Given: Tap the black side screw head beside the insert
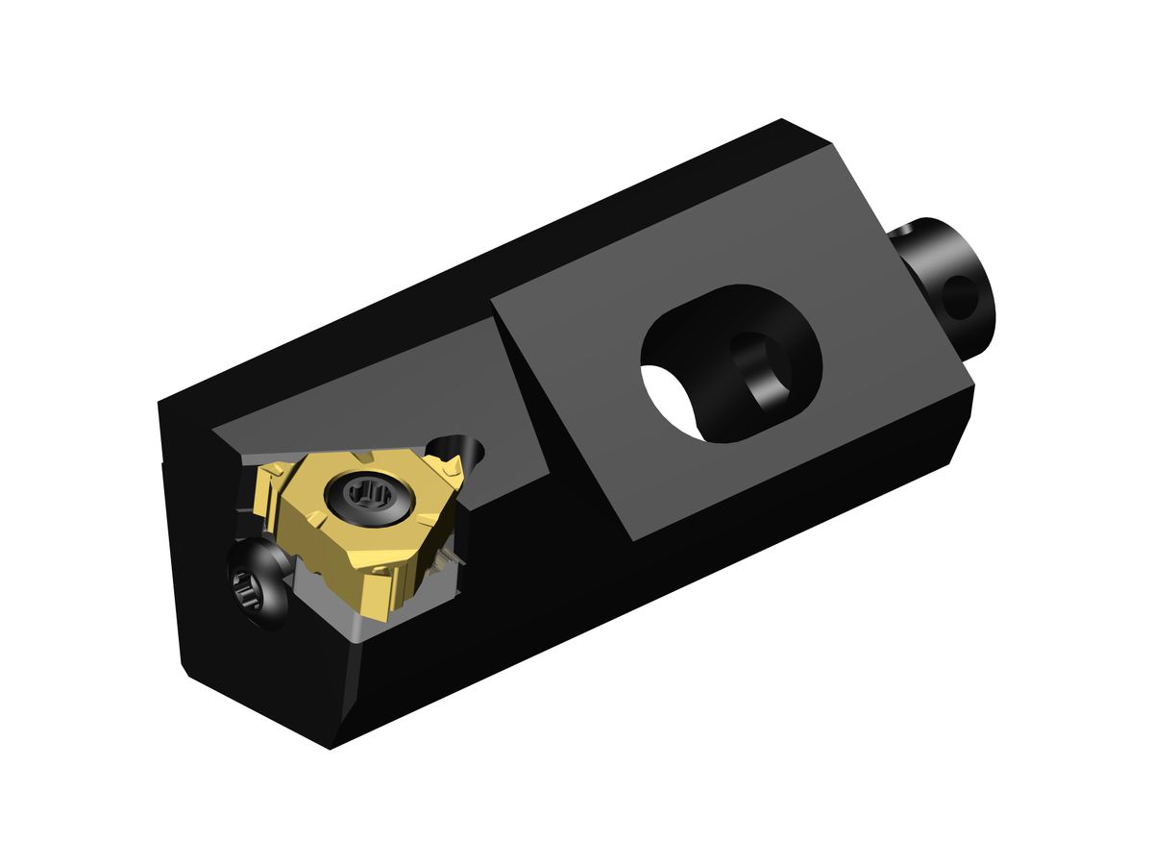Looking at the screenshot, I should click(x=258, y=583).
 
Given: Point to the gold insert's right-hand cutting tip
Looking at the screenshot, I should click(x=452, y=470).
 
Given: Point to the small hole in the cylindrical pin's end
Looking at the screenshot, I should click(x=962, y=297).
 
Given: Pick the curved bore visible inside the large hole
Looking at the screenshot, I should click(x=764, y=370).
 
